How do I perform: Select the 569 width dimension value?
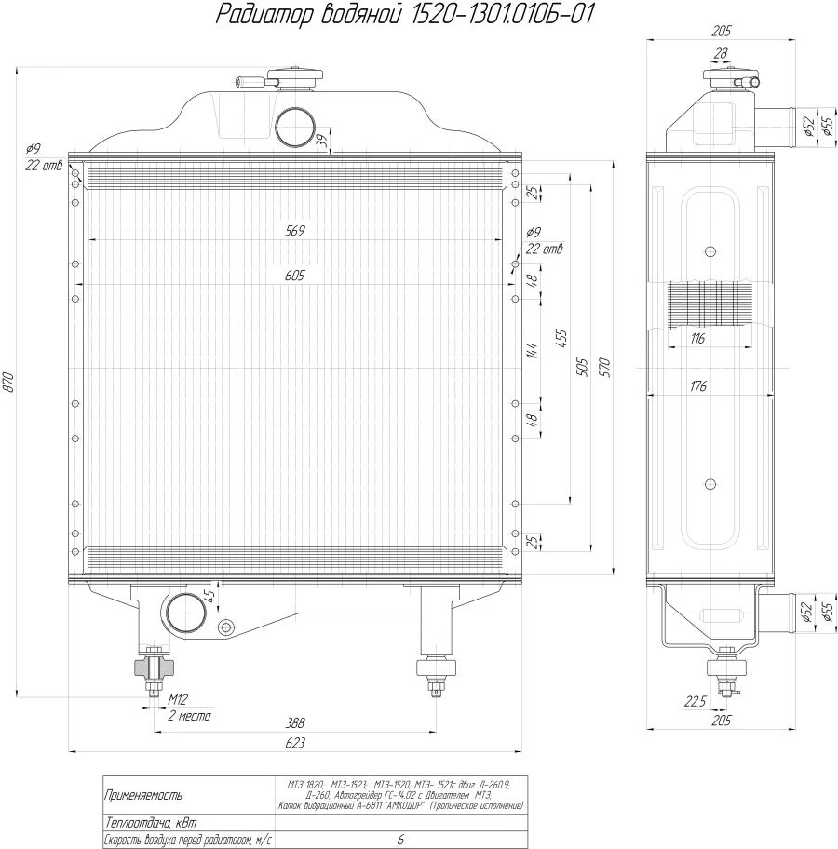[296, 230]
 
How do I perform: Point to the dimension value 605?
[296, 276]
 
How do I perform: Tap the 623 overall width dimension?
[296, 742]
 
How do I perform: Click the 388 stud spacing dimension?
[296, 723]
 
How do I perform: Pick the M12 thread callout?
[179, 699]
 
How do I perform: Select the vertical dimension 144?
[533, 351]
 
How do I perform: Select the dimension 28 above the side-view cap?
[719, 55]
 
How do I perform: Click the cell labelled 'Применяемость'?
[143, 796]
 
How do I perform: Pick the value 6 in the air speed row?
[400, 840]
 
